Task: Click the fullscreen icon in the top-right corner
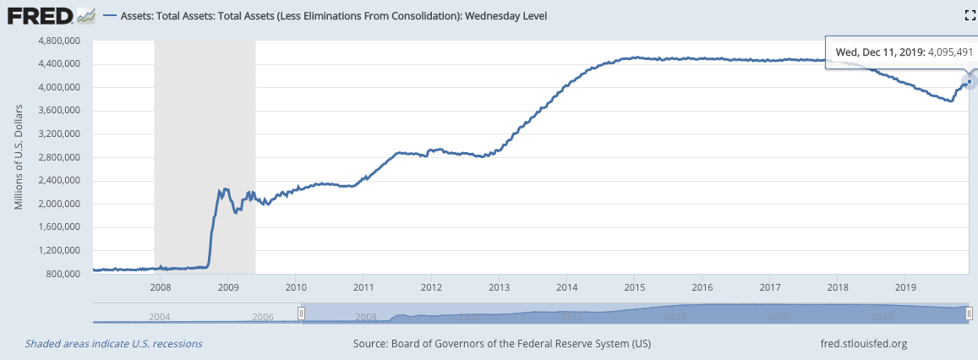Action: pos(970,15)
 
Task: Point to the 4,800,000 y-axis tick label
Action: pos(56,41)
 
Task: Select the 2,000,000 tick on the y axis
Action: pos(56,204)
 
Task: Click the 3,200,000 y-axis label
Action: pos(56,134)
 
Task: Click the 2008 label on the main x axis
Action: pos(160,287)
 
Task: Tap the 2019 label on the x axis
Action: pos(904,287)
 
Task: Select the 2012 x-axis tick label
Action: pos(430,287)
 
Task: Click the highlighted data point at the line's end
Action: pos(969,81)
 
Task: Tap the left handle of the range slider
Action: pos(300,313)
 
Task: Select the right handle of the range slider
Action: pos(970,313)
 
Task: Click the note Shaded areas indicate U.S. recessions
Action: pos(113,344)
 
